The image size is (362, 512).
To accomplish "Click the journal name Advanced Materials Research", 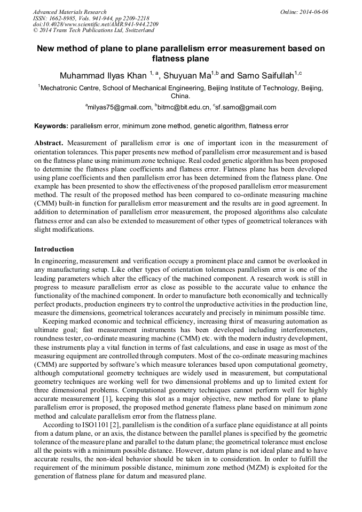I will [x=69, y=12].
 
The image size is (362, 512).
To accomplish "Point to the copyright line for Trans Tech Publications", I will [x=93, y=31].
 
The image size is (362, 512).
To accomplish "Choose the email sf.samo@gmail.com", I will [x=246, y=107].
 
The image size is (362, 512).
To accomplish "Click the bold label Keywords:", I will [x=51, y=127].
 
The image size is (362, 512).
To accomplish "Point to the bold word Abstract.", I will [x=49, y=143].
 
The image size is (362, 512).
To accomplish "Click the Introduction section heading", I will [x=54, y=249].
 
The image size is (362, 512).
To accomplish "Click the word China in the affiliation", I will [x=179, y=97].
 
